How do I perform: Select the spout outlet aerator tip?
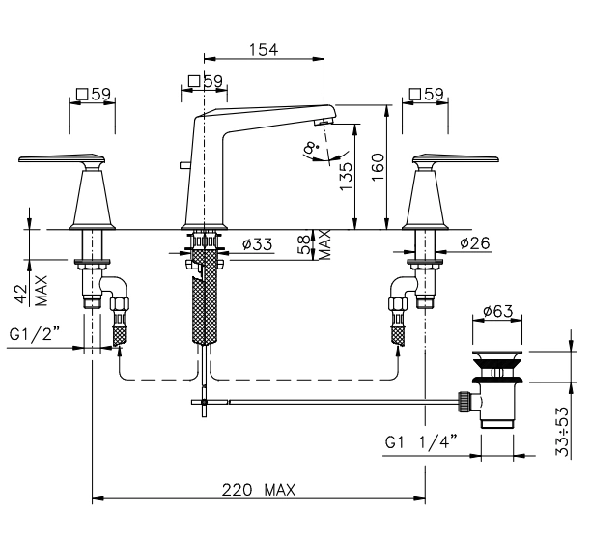[326, 121]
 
